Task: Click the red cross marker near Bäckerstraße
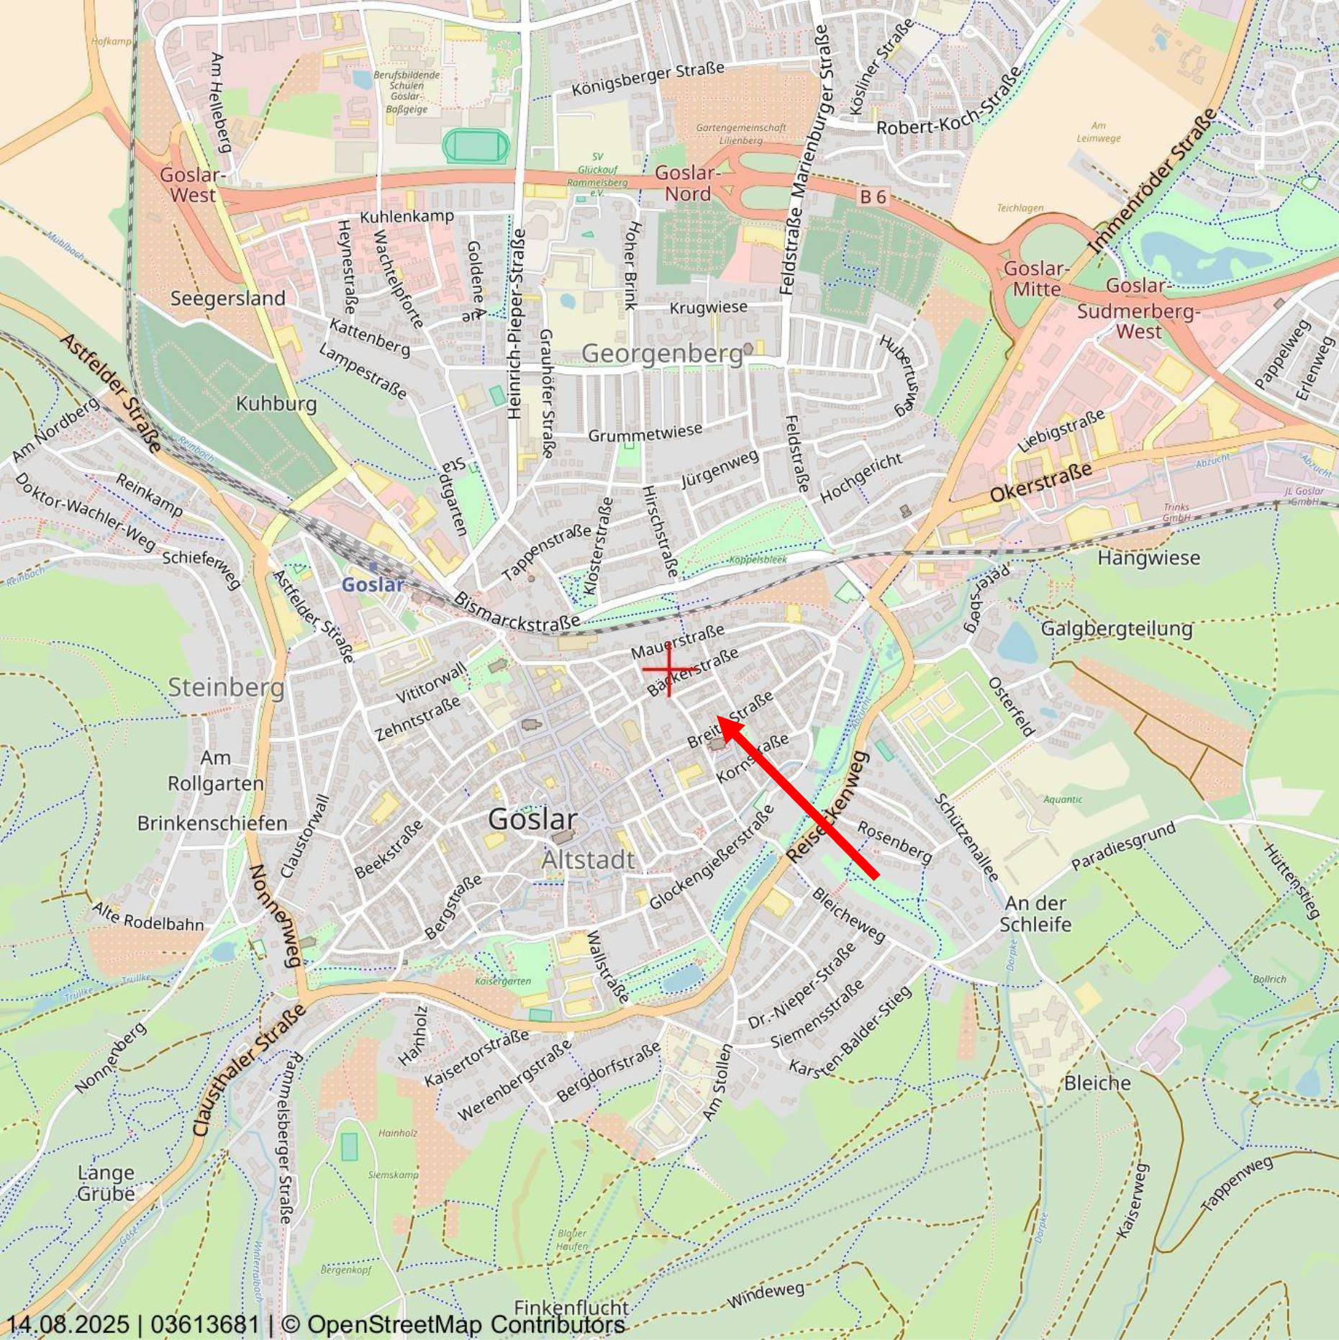(669, 669)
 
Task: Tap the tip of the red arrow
(719, 719)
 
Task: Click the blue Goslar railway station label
(372, 584)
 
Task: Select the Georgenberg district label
(661, 353)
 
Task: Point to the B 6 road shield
(873, 196)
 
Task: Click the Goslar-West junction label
(192, 184)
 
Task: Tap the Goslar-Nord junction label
(687, 183)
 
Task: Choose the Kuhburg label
(276, 403)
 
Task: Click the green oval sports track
(476, 145)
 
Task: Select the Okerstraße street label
(1040, 482)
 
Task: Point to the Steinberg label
(226, 687)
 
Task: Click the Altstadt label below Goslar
(588, 859)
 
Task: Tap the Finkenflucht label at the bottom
(571, 1308)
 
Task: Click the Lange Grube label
(106, 1183)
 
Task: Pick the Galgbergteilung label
(1117, 628)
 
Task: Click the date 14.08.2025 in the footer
(68, 1324)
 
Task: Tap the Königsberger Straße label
(648, 79)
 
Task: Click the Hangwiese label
(1148, 558)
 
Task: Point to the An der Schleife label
(1035, 913)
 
